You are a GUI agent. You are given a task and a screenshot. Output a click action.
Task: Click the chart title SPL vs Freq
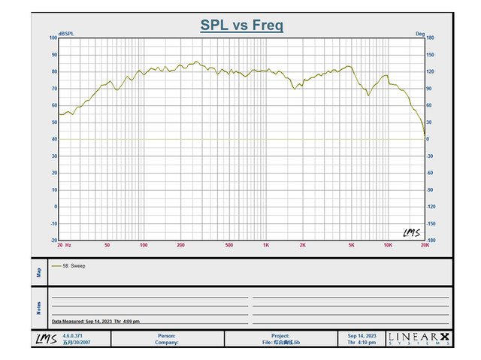point(241,26)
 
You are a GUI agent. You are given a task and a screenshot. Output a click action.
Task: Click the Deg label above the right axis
point(420,33)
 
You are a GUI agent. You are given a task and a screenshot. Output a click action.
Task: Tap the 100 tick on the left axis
point(53,38)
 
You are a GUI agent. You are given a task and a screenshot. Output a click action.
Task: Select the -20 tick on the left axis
point(53,241)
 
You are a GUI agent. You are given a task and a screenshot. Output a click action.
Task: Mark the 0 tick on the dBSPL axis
point(55,207)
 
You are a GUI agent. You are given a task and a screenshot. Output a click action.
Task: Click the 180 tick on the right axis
point(430,38)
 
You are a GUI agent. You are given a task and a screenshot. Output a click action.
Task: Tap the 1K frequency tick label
point(266,246)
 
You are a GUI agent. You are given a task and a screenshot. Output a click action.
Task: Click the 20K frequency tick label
point(425,246)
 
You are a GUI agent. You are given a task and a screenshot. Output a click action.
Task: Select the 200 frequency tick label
point(180,246)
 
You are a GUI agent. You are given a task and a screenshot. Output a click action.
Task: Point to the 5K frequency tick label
point(351,246)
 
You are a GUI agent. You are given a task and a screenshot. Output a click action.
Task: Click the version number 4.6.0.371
point(74,335)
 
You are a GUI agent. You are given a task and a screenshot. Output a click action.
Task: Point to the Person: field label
point(167,335)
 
